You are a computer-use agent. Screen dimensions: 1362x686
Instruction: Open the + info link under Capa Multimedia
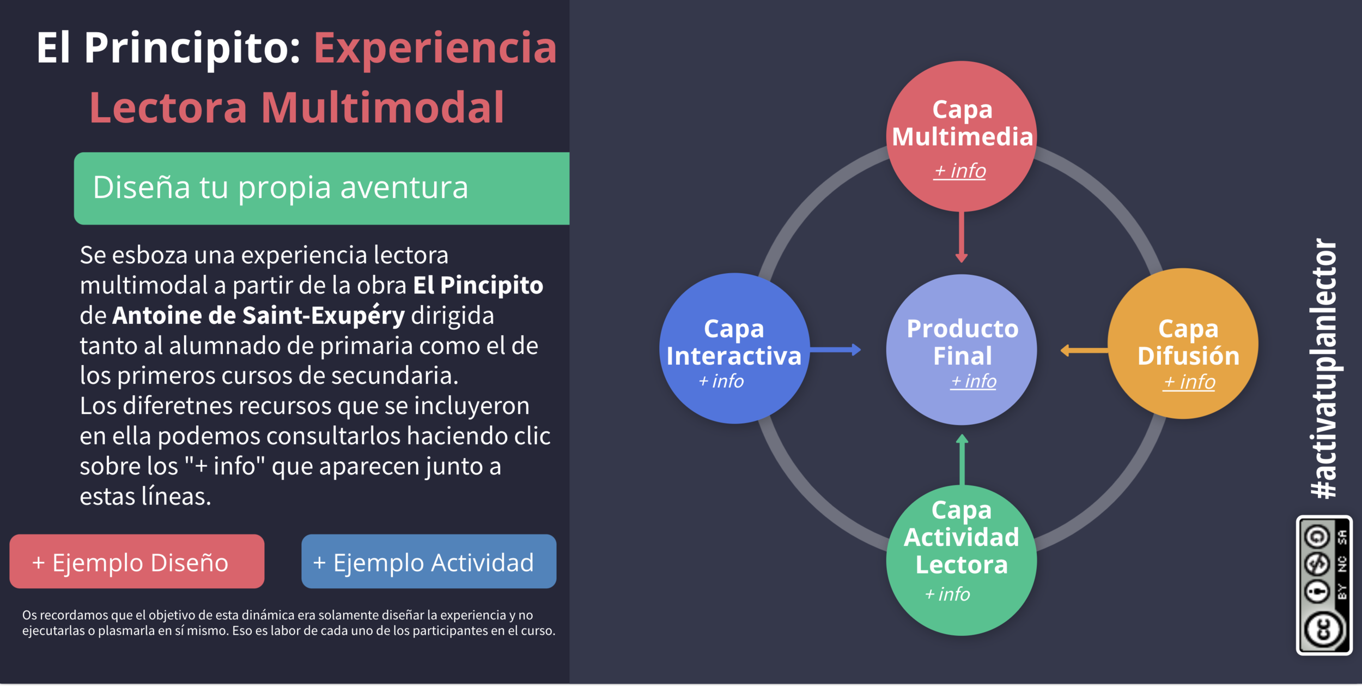(960, 171)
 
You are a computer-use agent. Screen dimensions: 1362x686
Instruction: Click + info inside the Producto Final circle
(974, 381)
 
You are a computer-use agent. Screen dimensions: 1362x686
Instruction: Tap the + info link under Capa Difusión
(1189, 382)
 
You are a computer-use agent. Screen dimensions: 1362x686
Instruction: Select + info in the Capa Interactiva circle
(721, 381)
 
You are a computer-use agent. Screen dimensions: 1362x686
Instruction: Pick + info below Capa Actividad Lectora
(947, 594)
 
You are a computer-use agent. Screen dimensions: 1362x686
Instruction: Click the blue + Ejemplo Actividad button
(429, 562)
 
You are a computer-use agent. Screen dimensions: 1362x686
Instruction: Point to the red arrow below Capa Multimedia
(962, 237)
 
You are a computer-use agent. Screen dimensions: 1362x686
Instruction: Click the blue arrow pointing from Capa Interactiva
(835, 350)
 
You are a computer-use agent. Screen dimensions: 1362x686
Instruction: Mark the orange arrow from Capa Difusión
(1084, 351)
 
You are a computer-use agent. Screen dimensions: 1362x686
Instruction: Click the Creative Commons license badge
(1324, 585)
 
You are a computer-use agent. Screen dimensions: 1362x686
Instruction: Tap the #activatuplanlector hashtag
(1324, 369)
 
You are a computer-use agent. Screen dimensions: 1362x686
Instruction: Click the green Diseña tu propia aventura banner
(321, 188)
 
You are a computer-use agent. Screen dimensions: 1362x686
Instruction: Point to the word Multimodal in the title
(382, 107)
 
